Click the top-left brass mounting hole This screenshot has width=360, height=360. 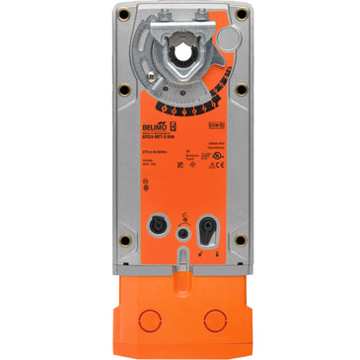tap(122, 14)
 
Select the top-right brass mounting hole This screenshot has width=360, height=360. tap(240, 14)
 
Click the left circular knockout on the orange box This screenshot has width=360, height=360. tap(151, 321)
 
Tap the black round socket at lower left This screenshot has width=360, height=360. tap(155, 225)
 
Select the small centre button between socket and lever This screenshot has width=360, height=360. tap(180, 232)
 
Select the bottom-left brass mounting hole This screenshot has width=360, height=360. tap(122, 241)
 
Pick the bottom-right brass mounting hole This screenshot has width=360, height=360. tap(240, 241)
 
